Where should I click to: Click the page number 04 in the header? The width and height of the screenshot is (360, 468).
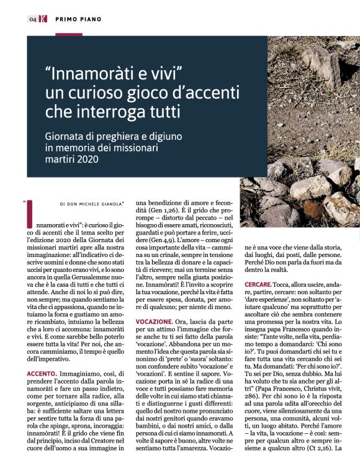(32, 19)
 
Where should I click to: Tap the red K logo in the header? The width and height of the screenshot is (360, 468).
(43, 19)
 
